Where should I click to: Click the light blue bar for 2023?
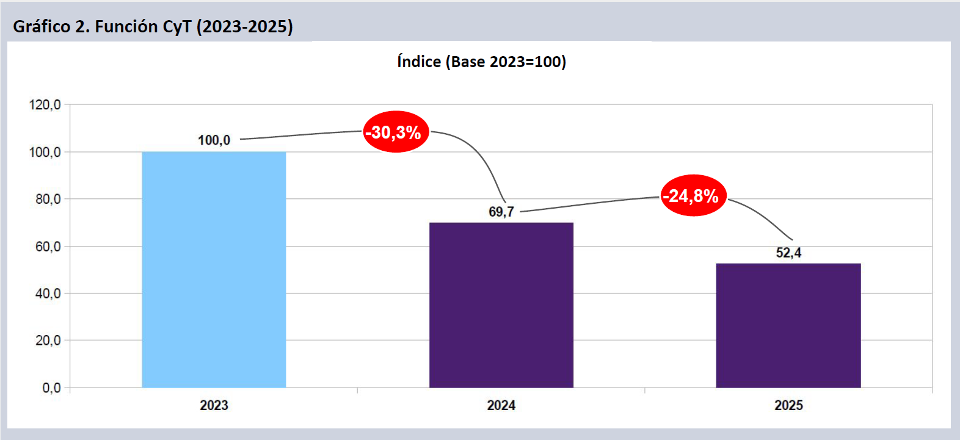pos(214,269)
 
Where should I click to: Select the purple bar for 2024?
pos(501,305)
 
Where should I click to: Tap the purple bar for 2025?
pos(788,325)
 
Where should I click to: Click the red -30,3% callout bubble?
pos(396,132)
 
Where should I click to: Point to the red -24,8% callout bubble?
pos(693,196)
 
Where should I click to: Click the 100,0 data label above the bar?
pos(214,140)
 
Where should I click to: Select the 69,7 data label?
pos(501,212)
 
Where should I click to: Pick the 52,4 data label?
pos(788,253)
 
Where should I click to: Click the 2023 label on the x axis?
pos(214,405)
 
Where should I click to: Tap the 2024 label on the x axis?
pos(501,405)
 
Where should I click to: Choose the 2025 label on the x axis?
pos(788,405)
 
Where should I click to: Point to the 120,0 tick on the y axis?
pos(45,105)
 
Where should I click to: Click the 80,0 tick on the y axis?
pos(48,199)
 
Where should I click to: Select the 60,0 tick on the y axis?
pos(48,247)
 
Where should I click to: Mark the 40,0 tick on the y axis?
pos(48,294)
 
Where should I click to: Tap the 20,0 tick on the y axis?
pos(48,341)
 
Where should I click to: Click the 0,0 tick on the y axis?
pos(51,388)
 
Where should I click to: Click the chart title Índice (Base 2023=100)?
pos(481,62)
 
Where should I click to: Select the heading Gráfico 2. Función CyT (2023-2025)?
pos(153,26)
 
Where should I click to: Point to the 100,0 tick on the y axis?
pos(45,152)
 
